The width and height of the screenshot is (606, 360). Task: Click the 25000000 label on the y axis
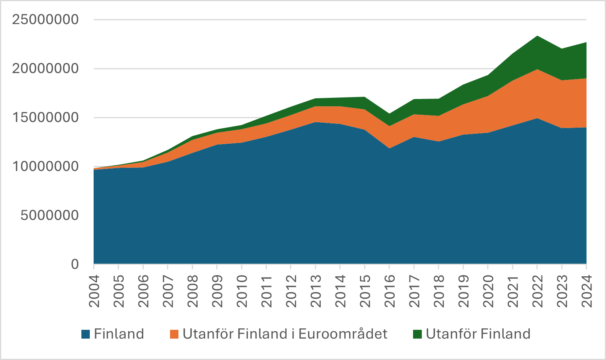coord(45,19)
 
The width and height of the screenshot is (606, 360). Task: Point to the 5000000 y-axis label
coord(50,216)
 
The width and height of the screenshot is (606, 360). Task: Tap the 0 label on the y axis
coord(75,264)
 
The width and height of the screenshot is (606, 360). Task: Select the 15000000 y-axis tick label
coord(45,117)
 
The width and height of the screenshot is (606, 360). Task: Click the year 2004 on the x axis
coord(94,291)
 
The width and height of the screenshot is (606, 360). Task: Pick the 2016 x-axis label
coord(389,291)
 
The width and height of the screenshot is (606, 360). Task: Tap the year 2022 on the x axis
coord(537,291)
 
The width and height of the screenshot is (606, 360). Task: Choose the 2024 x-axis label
coord(587,291)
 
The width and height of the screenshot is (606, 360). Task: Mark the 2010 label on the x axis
coord(242,291)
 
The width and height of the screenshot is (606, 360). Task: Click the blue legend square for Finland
coord(86,334)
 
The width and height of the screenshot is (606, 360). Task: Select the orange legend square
coord(174,334)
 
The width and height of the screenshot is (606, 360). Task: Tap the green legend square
coord(417,334)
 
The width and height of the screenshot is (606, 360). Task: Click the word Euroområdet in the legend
coord(343,334)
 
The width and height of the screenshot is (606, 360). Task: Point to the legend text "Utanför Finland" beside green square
coord(478,334)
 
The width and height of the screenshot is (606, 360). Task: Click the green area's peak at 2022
coord(537,36)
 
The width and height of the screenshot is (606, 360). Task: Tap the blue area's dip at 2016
coord(389,148)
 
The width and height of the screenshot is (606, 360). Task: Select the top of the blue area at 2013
coord(316,122)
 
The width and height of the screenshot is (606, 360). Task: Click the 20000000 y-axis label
coord(45,69)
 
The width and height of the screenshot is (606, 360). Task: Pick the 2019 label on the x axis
coord(463,291)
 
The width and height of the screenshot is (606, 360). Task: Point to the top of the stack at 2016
coord(389,114)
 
